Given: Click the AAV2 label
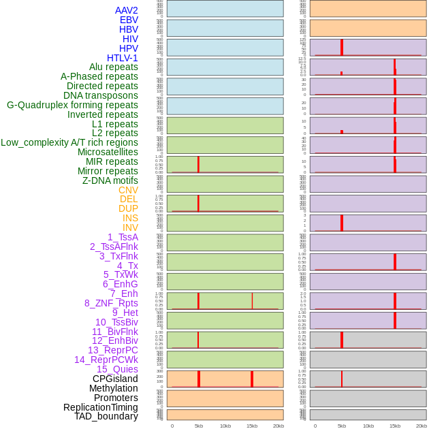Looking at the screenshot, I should pos(126,10).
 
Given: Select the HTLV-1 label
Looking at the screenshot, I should pos(122,58).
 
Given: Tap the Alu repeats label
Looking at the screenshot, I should pos(113,67).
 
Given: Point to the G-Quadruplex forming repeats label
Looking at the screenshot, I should pos(72,105).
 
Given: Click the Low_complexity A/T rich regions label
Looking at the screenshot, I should pos(69,142).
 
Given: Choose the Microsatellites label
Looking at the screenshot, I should pos(108,152).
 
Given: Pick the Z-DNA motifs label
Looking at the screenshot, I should pos(110,180).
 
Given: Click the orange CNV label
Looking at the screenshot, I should pos(128,190).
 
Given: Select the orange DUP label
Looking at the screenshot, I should pos(128,208).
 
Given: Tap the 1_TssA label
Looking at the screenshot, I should pos(123,237).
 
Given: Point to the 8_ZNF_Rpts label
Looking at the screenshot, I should pos(111,303).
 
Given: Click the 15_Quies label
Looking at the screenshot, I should pos(117,369).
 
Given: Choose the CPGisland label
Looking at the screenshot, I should pos(115,379).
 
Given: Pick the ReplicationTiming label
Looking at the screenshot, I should pos(101,407).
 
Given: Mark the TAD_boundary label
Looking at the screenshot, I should pos(106,416).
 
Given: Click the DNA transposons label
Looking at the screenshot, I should pos(101,95).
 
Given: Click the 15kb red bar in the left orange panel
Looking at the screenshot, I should pos(252,379).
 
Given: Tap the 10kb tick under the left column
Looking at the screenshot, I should pos(225,426).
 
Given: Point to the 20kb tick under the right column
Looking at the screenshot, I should pos(422,426).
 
